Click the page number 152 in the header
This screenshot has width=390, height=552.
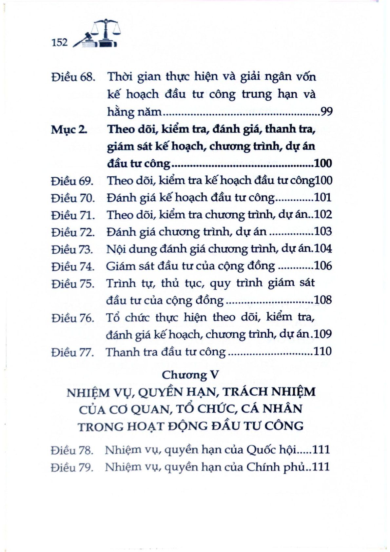pyautogui.click(x=59, y=43)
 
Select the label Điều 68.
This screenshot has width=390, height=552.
pyautogui.click(x=73, y=77)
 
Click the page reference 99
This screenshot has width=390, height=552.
pyautogui.click(x=326, y=112)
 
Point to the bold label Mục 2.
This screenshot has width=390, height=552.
pyautogui.click(x=69, y=129)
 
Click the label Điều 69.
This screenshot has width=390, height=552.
pyautogui.click(x=73, y=181)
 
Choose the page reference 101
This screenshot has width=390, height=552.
pyautogui.click(x=323, y=197)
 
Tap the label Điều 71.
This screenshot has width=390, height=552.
pyautogui.click(x=73, y=215)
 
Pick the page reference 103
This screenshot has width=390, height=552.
pyautogui.click(x=323, y=231)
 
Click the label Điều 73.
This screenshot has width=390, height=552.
pyautogui.click(x=72, y=249)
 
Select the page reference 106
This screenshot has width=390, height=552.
pyautogui.click(x=323, y=266)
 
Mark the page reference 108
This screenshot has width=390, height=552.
pyautogui.click(x=323, y=300)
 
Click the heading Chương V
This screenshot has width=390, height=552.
pyautogui.click(x=190, y=374)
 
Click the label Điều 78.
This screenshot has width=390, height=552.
pyautogui.click(x=72, y=450)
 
